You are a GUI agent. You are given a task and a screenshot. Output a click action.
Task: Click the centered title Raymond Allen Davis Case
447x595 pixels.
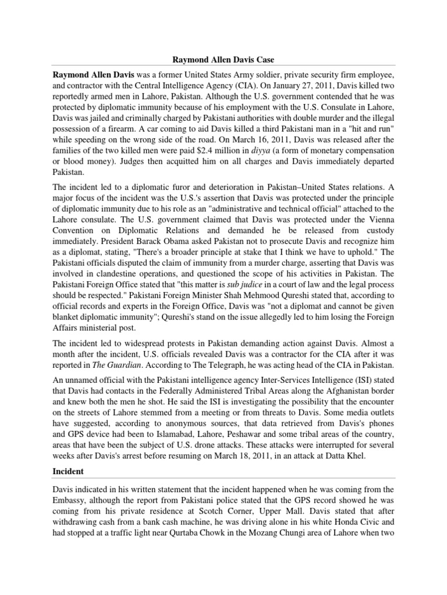click(x=223, y=59)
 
